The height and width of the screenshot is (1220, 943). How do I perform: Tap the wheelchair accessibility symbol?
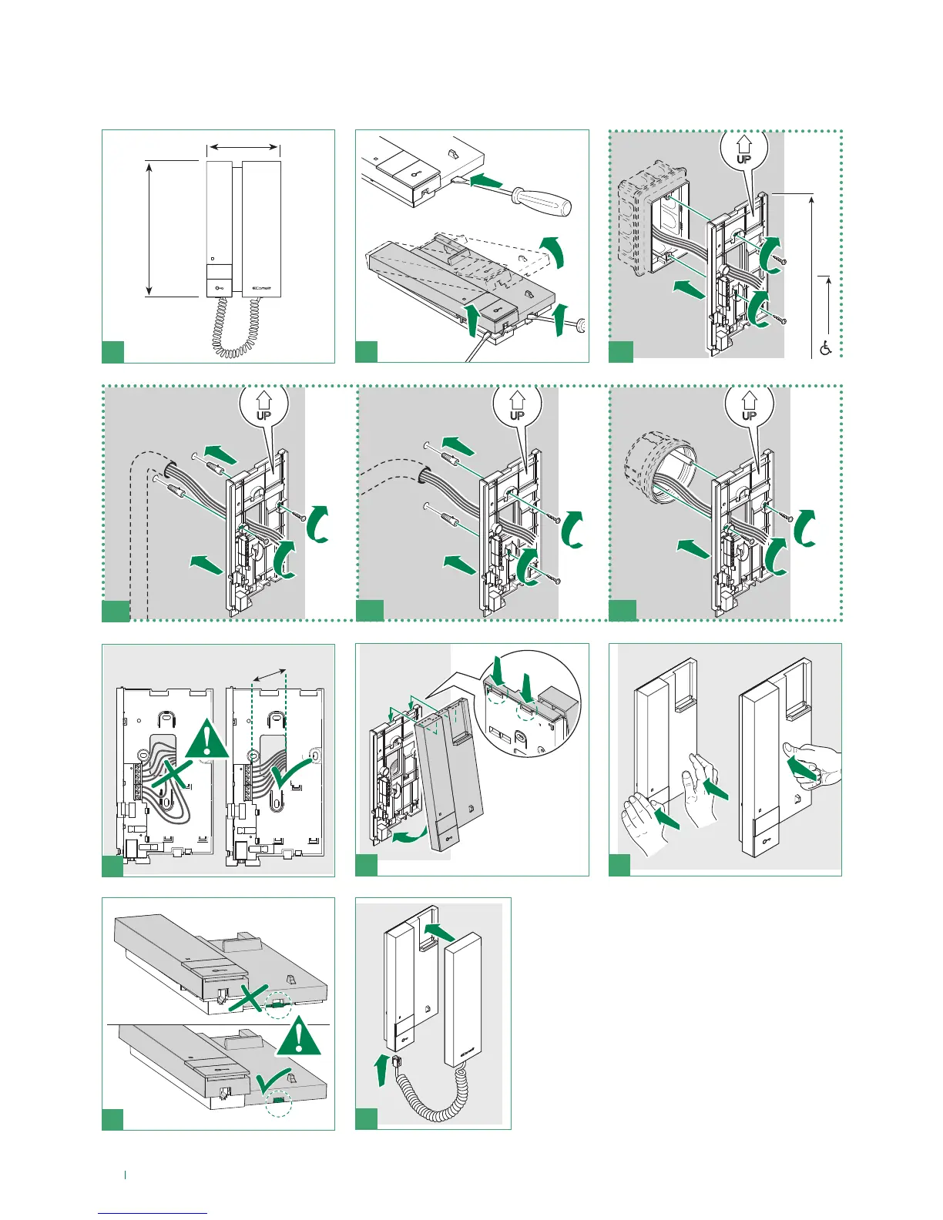tap(826, 347)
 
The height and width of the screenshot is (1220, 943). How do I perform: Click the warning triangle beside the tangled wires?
tap(206, 737)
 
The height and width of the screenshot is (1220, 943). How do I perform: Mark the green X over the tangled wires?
tap(172, 783)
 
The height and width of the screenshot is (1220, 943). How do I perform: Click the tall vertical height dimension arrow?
tap(149, 228)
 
